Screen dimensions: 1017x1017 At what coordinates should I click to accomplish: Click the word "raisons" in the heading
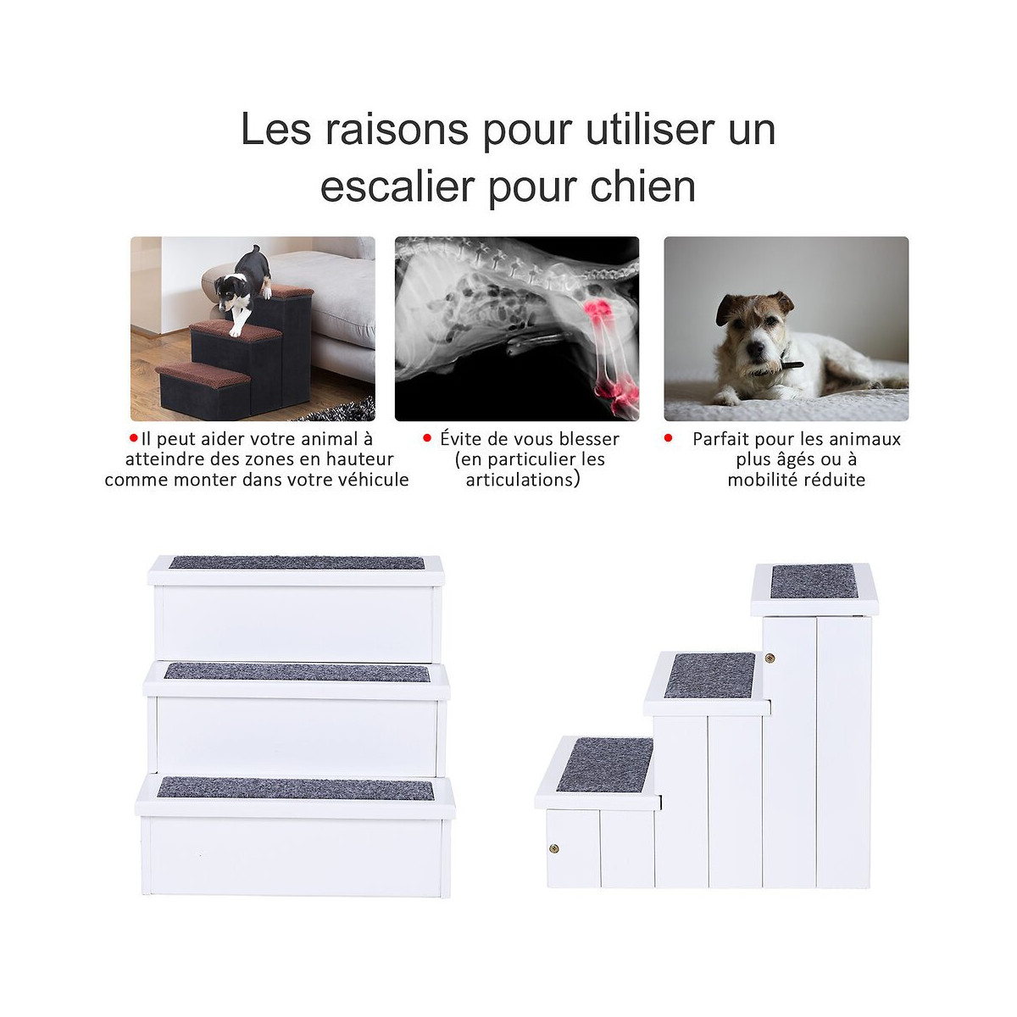coord(397,130)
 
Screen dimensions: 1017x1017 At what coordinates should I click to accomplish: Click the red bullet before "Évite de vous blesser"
coord(427,437)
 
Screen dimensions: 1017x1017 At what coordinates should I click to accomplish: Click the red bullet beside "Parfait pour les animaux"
coord(668,437)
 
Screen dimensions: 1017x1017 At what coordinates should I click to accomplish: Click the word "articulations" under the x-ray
coord(519,480)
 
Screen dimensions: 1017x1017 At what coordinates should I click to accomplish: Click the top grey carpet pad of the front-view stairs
coord(297,563)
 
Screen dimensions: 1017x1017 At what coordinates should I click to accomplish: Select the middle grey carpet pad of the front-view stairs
coord(297,672)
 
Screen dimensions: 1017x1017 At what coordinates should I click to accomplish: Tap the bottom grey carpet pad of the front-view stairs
coord(296,787)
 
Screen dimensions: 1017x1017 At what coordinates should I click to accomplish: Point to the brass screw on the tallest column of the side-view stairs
coord(770,658)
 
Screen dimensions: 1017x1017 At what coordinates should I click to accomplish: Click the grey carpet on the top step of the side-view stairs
coord(814,581)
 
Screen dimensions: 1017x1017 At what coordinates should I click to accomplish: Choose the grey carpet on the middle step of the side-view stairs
coord(710,675)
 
